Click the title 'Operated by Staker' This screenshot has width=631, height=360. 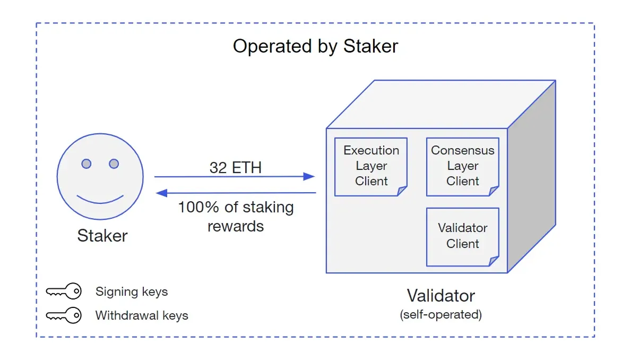coord(315,46)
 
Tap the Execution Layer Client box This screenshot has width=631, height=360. coord(371,166)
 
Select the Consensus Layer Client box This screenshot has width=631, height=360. coord(462,166)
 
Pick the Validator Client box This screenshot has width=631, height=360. coord(462,236)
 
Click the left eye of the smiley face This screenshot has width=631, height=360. coord(86,164)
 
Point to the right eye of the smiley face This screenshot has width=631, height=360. coord(114,164)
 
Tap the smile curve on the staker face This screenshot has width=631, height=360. coord(100,200)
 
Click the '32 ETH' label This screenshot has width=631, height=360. coord(235,168)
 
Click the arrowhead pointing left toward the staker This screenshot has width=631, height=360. coord(161,193)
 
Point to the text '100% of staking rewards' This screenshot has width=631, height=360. coord(235,216)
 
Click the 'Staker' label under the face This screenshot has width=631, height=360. coord(102,236)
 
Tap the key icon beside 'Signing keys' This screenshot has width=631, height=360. coord(63,292)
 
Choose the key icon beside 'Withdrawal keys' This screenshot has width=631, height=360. coord(63,315)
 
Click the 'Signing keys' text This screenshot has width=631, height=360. coord(131,292)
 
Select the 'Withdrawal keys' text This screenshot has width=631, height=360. coord(141,315)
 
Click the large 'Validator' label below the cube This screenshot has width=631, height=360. coord(440,296)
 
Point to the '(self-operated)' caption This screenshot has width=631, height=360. coord(440,314)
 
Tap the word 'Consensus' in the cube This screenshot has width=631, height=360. coord(462,150)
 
